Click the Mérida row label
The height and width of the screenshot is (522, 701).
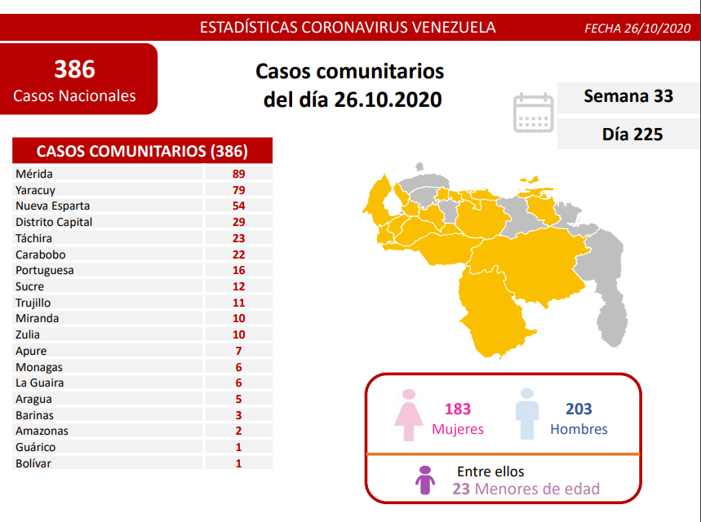tap(34, 174)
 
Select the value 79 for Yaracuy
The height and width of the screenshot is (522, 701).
tap(238, 190)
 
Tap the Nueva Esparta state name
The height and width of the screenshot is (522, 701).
tap(52, 206)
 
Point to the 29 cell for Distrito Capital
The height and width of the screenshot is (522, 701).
tap(238, 222)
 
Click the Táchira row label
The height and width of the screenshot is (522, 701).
tap(33, 238)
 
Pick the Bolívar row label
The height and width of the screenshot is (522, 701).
tap(33, 463)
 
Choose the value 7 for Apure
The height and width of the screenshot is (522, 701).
tap(238, 351)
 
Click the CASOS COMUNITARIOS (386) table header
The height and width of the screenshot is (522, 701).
tap(142, 151)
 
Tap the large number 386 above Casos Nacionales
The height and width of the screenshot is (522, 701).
tap(74, 68)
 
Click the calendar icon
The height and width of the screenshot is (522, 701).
tap(533, 113)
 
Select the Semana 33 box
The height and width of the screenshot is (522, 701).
tap(628, 96)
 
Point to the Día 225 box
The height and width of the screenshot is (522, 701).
tap(628, 134)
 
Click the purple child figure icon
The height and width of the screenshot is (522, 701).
tap(425, 481)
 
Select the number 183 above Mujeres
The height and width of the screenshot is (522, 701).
tap(458, 409)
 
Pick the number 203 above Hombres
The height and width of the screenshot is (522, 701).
tap(579, 409)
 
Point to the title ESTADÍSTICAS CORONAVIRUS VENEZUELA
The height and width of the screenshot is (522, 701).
tap(348, 27)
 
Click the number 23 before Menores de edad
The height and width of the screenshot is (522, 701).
tap(461, 489)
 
